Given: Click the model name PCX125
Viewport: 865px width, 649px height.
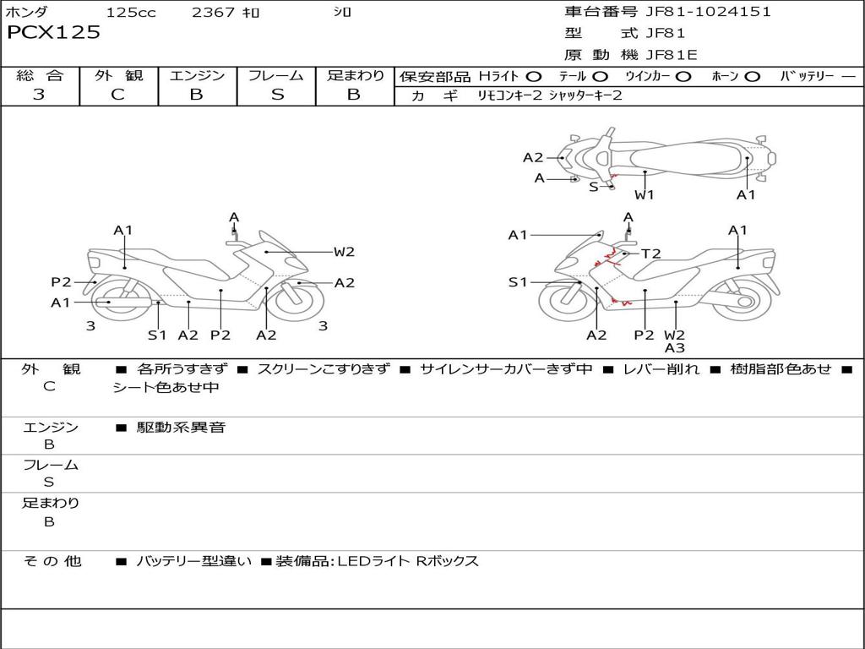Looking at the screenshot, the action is tap(53, 32).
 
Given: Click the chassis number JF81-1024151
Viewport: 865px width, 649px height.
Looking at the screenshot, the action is tap(709, 12).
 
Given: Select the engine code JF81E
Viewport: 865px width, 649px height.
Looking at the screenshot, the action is tap(672, 55).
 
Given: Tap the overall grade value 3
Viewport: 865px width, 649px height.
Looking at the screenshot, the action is tap(39, 94).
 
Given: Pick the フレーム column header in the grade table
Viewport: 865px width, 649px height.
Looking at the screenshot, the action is tap(276, 75).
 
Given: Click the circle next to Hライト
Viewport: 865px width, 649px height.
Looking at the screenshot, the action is tap(534, 76).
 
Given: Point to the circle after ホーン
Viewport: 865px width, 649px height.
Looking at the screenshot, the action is tap(752, 76).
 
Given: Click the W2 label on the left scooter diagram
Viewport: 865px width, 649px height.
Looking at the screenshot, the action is tap(344, 252).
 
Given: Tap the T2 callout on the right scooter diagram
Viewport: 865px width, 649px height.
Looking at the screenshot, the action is tap(651, 254).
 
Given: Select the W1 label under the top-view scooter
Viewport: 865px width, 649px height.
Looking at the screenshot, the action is tap(644, 194).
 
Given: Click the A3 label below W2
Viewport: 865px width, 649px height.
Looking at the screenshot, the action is tap(675, 348).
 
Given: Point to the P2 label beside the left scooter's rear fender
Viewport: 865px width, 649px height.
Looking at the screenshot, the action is tap(61, 282).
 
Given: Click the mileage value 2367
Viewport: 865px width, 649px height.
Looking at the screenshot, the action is tap(213, 12).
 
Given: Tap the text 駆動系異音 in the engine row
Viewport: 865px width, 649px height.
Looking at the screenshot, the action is tap(181, 427).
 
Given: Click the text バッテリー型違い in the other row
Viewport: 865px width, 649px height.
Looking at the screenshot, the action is tap(193, 561).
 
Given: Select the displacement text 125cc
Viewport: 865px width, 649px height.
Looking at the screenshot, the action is tap(131, 12).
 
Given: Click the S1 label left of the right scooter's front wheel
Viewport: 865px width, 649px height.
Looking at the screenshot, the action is tap(518, 282).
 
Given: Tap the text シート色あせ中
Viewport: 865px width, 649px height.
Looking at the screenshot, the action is tap(166, 387).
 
